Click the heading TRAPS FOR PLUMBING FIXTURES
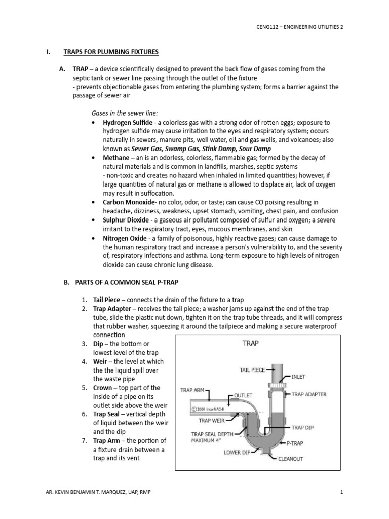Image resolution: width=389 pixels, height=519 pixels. tap(111, 52)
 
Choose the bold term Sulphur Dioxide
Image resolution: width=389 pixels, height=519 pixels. tap(126, 220)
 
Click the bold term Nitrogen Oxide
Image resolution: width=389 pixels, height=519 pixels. tap(125, 238)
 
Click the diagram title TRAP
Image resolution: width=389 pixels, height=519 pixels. tap(251, 343)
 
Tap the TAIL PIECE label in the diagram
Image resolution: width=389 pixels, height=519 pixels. tap(252, 370)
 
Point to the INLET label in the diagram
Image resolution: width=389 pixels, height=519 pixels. tap(298, 377)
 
